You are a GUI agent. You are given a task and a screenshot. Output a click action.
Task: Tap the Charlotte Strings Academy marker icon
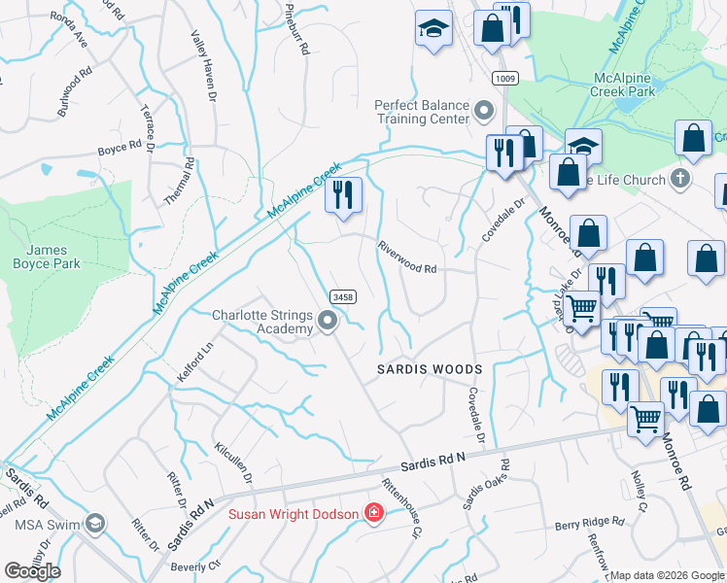pos(329,321)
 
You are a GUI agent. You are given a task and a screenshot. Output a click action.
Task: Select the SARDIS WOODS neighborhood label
pos(430,369)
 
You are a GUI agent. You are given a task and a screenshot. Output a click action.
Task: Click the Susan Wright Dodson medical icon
pos(372,512)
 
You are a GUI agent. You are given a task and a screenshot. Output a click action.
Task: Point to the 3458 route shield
pos(341,296)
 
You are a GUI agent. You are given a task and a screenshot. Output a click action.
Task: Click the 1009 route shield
pos(503,78)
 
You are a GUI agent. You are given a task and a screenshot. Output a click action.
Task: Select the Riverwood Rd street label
pos(408,257)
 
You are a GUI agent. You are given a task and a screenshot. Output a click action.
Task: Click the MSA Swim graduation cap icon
pos(95,525)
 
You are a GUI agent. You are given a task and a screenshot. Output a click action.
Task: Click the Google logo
pos(33,570)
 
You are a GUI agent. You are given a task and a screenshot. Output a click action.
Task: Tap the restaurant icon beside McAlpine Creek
pos(342,194)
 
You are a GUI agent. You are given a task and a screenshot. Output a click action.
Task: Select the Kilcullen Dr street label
pos(232,464)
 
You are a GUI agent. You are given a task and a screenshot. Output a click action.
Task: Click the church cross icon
pos(680,179)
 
